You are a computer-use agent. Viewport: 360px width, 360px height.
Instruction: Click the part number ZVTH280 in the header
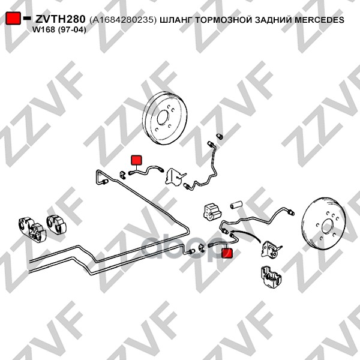click(x=60, y=19)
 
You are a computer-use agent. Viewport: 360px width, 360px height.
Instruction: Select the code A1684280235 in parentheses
click(x=123, y=20)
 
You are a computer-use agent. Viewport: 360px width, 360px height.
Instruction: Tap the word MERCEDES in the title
click(x=319, y=20)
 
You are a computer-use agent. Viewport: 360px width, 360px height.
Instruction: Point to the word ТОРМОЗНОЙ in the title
click(x=224, y=20)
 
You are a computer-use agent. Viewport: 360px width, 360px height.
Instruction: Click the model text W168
click(x=44, y=30)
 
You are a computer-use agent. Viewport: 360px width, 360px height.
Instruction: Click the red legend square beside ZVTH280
click(x=13, y=18)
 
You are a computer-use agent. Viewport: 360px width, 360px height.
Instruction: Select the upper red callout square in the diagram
click(x=136, y=160)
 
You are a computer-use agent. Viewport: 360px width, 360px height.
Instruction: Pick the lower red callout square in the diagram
click(x=227, y=253)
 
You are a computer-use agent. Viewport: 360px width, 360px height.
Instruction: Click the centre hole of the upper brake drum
click(x=163, y=118)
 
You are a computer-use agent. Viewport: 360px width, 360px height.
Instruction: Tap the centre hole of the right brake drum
click(x=327, y=227)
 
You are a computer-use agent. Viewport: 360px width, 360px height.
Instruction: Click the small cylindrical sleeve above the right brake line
click(x=237, y=205)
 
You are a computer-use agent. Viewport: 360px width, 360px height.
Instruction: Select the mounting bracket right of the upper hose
click(x=176, y=176)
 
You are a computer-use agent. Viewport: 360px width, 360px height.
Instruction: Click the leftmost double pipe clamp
click(x=32, y=229)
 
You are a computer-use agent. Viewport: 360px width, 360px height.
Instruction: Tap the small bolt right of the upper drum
click(x=220, y=136)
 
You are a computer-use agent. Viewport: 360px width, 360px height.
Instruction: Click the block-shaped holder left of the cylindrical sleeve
click(x=212, y=211)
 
